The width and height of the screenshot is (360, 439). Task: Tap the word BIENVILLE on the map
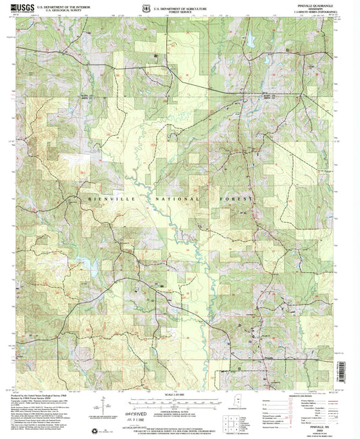coord(105,199)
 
